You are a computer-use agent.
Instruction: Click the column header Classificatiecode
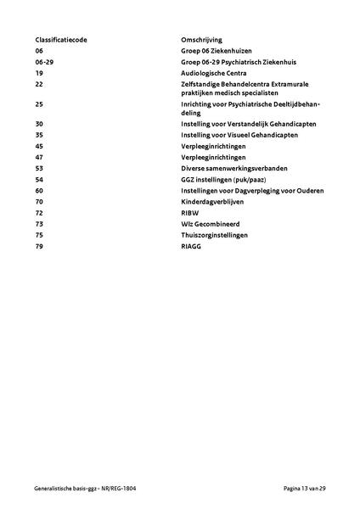[x=60, y=40]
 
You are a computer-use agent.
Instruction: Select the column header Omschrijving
[x=201, y=40]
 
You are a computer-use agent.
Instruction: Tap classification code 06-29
[x=45, y=62]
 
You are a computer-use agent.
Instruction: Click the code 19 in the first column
[x=39, y=74]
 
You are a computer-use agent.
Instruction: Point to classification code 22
[x=39, y=85]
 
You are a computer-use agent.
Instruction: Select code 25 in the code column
[x=39, y=103]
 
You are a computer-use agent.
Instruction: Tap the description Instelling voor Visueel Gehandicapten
[x=238, y=134]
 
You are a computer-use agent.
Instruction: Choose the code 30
[x=39, y=123]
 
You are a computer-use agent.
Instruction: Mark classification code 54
[x=39, y=179]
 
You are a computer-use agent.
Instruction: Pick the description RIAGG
[x=192, y=246]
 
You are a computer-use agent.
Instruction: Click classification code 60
[x=39, y=190]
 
